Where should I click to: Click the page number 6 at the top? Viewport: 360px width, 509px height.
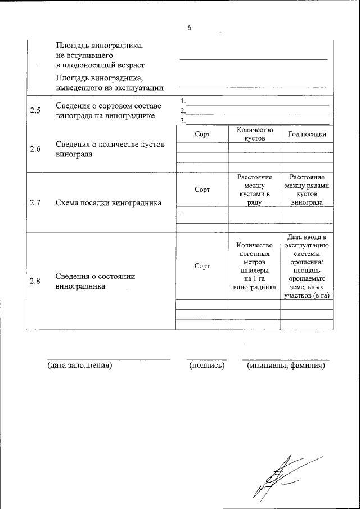(190, 28)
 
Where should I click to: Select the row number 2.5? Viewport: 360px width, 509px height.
(35, 110)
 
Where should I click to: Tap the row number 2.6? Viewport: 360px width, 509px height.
(35, 149)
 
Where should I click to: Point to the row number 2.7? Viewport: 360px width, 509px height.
(35, 203)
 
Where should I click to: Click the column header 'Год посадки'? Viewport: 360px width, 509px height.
(307, 134)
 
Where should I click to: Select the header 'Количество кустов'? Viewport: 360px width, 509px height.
(254, 133)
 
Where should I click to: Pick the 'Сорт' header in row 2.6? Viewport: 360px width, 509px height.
(202, 134)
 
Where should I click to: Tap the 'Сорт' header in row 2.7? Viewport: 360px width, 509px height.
(202, 190)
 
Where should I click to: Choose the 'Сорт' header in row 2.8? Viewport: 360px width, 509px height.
(202, 265)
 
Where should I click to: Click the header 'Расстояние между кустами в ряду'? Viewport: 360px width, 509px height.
(254, 190)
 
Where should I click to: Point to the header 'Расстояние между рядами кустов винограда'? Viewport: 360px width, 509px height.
(307, 190)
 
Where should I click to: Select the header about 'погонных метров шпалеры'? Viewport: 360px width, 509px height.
(254, 265)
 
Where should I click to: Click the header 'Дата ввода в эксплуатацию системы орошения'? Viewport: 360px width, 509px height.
(307, 265)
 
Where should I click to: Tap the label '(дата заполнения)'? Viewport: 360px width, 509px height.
(80, 366)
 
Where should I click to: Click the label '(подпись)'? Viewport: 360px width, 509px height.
(207, 366)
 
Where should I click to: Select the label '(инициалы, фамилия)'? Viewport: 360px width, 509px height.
(286, 366)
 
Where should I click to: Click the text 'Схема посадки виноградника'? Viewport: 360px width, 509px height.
(109, 203)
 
